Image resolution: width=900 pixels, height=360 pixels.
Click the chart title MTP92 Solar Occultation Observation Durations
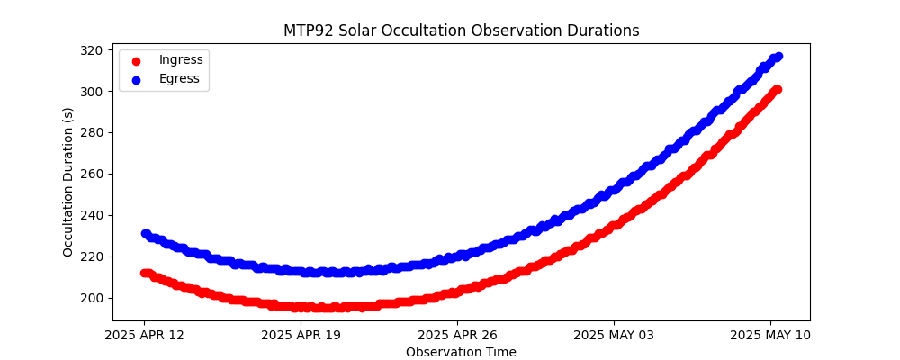(x=461, y=31)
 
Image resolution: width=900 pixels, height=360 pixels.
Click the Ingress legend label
(x=181, y=59)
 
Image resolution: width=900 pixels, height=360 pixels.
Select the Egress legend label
(x=178, y=78)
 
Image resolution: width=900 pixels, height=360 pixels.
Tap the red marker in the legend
(x=136, y=60)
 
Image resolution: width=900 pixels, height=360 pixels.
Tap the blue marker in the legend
(x=136, y=79)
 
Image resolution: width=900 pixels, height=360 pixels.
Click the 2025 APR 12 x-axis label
(x=144, y=336)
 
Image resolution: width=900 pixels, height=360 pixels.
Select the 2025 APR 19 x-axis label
(x=301, y=336)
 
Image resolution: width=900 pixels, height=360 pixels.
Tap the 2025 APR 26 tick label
(x=457, y=336)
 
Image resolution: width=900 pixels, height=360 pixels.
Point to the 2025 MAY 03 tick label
(x=614, y=336)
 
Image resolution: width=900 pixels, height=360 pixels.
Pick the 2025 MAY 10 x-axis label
(x=769, y=336)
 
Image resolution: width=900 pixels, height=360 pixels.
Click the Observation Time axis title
(x=461, y=352)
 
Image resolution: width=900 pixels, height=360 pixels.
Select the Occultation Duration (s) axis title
(x=68, y=182)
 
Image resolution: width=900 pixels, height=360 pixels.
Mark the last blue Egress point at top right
(x=778, y=57)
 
